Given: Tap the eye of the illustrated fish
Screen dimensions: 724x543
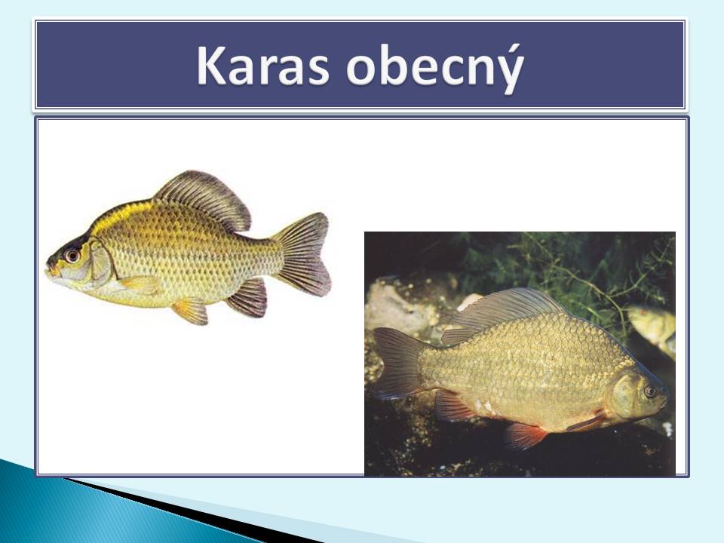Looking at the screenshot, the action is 72,255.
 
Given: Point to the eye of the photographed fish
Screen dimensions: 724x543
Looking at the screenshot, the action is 651,391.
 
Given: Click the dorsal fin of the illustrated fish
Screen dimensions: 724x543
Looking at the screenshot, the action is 205,198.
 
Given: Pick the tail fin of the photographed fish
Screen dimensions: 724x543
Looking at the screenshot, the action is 398,363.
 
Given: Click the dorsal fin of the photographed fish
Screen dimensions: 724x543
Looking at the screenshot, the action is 503,309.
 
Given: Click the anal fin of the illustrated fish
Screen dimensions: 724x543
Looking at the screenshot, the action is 249,298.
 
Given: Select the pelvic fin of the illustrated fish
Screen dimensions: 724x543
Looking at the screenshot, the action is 191,310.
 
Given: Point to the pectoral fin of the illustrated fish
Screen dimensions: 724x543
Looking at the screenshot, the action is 139,285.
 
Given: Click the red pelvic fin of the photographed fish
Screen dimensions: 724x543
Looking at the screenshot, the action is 525,435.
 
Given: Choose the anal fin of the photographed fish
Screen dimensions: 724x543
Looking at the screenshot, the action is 452,406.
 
